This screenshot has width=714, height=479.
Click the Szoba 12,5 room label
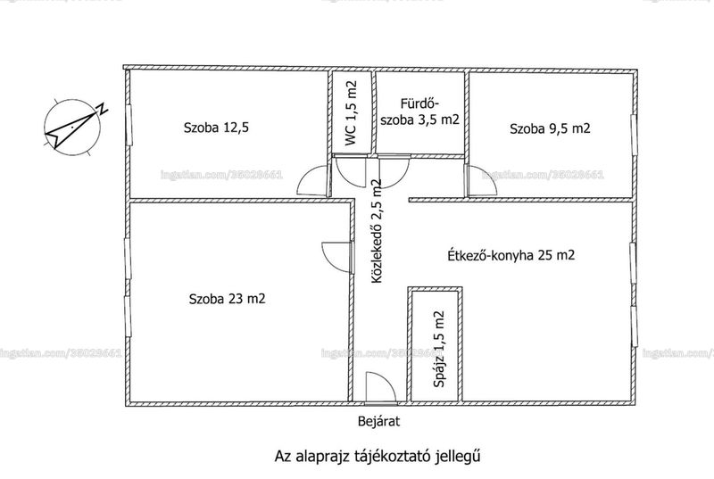(x=216, y=128)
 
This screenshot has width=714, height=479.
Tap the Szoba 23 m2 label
(x=227, y=299)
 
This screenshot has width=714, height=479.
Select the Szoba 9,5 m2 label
(x=550, y=128)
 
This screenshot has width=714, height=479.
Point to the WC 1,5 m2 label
(x=351, y=113)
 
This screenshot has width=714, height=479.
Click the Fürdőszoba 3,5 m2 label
(x=419, y=111)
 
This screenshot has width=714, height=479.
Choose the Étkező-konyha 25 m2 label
(x=511, y=255)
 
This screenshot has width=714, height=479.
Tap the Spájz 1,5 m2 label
(x=439, y=349)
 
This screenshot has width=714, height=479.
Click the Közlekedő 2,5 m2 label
(x=377, y=231)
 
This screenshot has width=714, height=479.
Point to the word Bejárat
(x=378, y=421)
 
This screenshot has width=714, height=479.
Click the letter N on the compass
(x=103, y=108)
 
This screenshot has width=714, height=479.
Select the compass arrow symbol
(x=72, y=130)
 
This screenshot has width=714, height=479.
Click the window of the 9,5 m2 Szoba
(x=633, y=135)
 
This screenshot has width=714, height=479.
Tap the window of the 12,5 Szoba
(x=129, y=125)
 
